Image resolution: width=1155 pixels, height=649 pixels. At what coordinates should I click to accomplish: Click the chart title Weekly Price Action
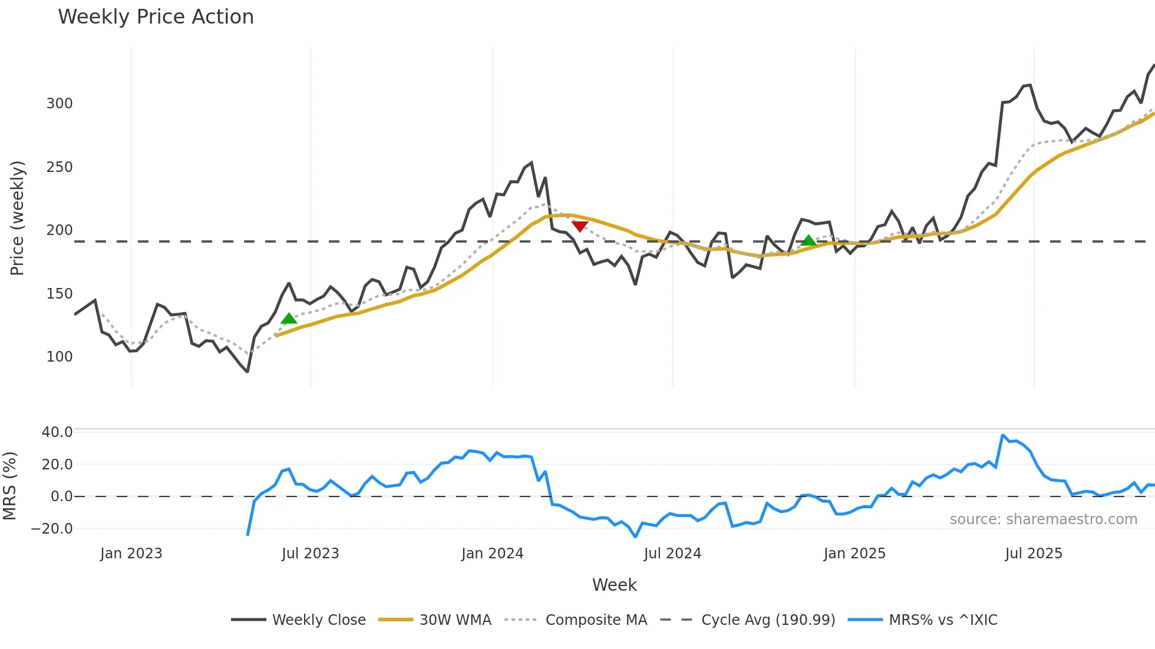156,17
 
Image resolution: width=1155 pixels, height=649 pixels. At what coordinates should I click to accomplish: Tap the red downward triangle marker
580,226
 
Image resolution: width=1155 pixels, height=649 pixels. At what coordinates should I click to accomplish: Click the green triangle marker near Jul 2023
289,319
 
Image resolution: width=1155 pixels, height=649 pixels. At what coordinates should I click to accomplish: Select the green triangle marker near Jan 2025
808,240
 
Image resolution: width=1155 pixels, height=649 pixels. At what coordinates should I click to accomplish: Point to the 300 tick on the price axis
60,104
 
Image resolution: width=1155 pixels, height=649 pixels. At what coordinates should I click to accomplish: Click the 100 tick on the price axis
60,357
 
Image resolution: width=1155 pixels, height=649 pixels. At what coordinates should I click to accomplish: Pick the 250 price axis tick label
60,167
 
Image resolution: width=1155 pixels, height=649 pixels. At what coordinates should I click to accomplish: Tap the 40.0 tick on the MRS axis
57,432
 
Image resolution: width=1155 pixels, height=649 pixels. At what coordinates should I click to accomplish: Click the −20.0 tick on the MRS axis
52,529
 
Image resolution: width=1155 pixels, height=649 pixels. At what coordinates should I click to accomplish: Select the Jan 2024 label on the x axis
492,554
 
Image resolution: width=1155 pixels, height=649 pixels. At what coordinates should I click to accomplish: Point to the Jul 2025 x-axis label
1034,554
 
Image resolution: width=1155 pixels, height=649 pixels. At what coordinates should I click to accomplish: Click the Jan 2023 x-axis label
131,554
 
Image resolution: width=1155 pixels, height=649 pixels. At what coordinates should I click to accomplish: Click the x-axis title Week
614,585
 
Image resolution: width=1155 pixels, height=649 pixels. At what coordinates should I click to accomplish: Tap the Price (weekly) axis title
18,218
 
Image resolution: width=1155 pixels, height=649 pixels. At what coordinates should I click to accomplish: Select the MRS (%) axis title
10,486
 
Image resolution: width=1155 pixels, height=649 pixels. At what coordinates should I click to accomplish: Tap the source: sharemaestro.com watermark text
1043,519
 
